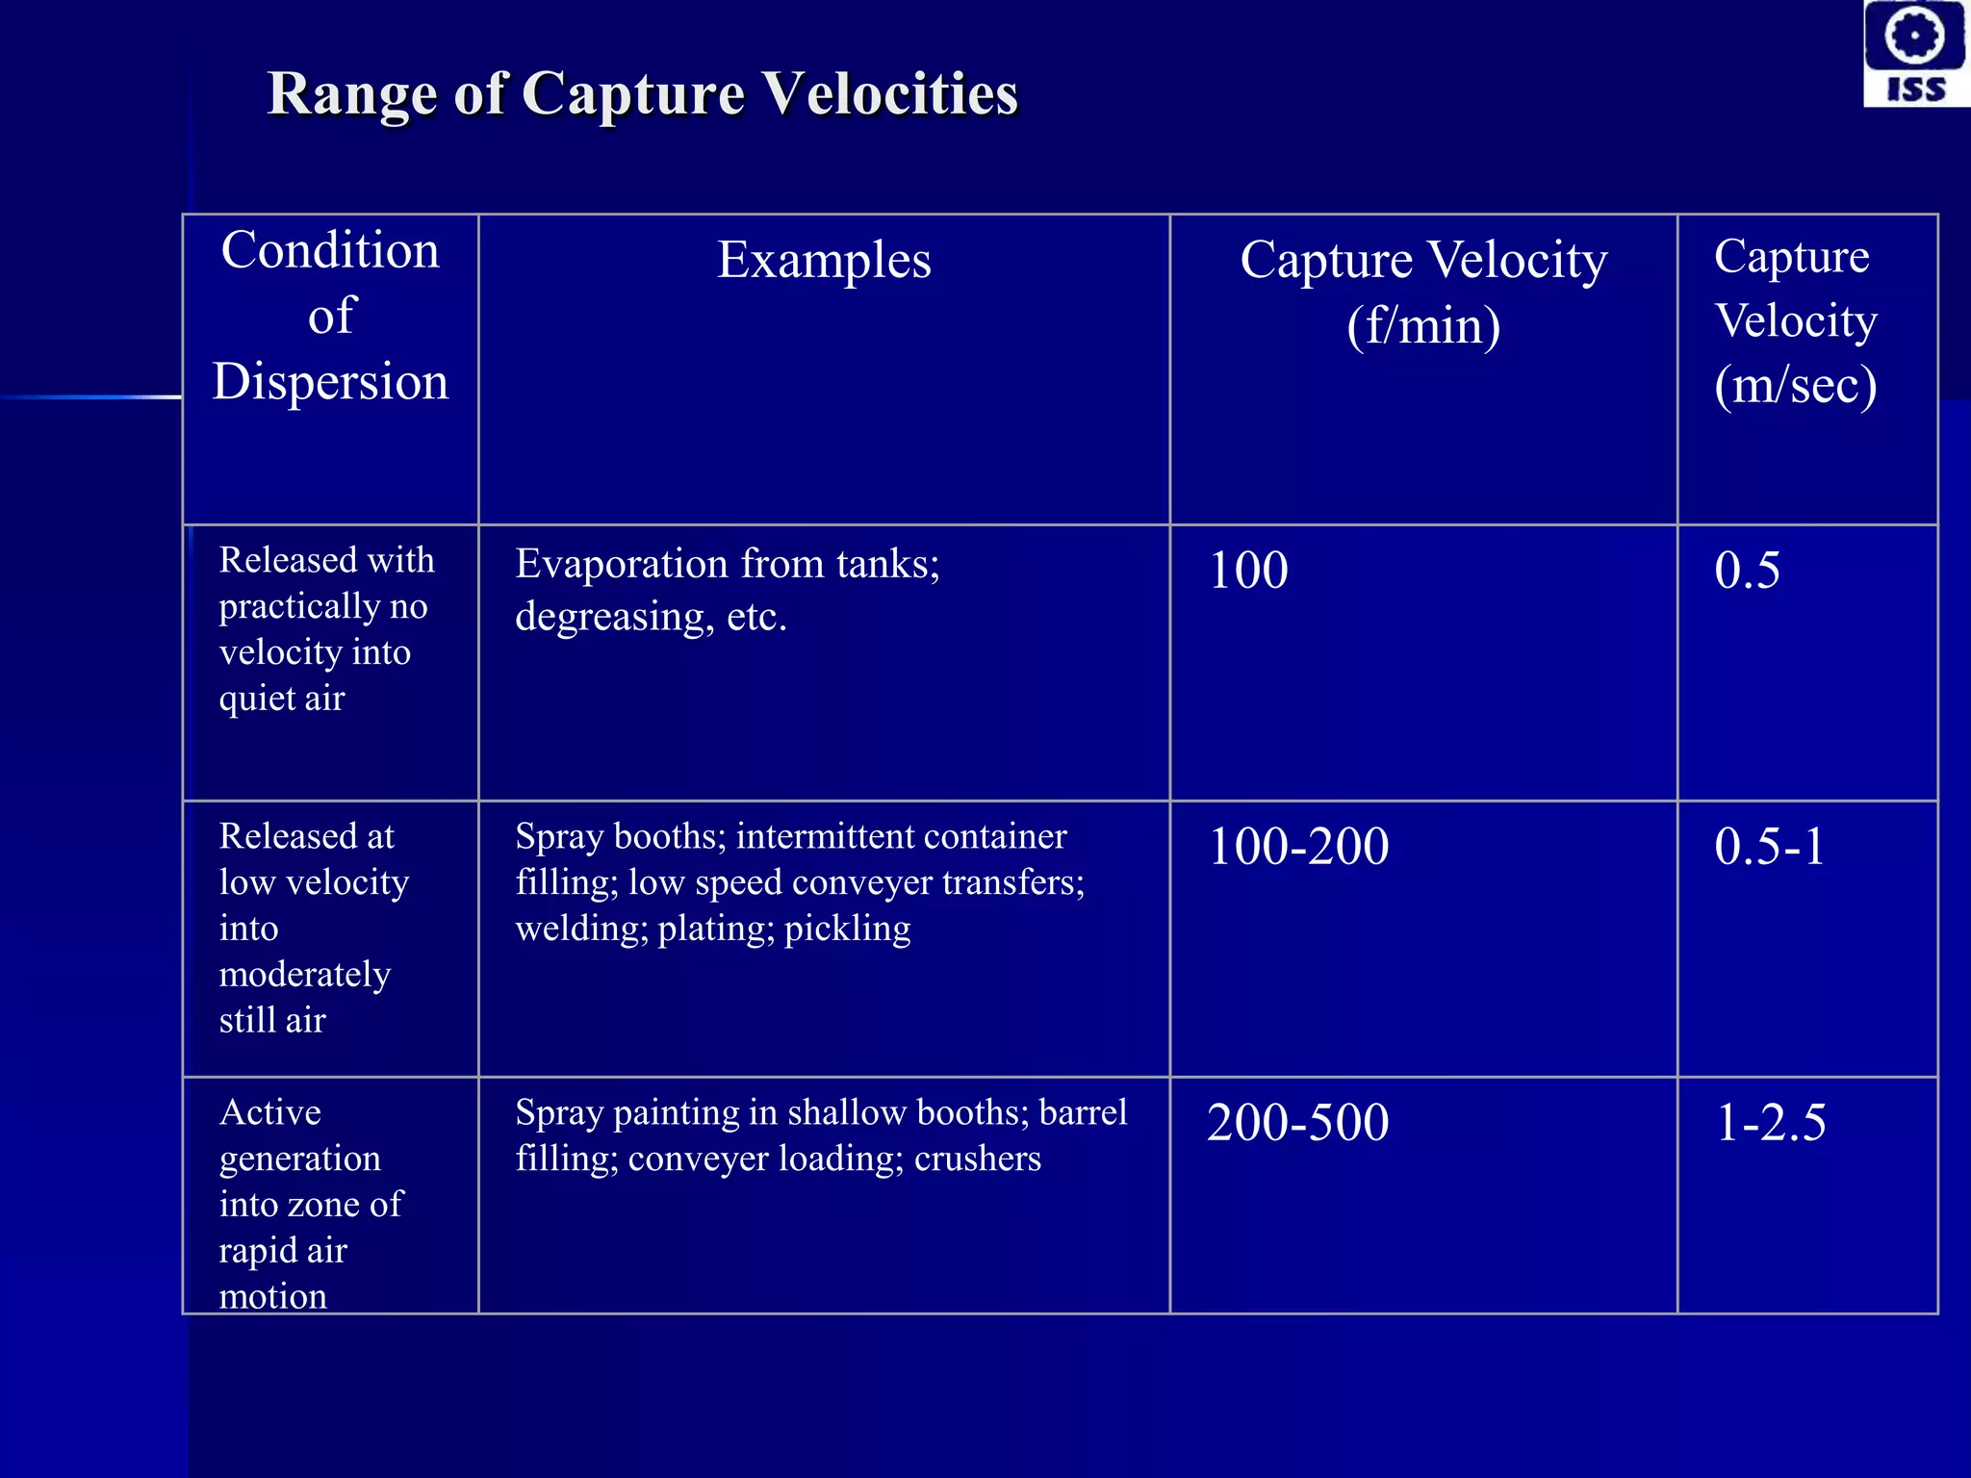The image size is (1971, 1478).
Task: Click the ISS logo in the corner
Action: tap(1915, 53)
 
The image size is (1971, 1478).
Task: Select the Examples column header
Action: tap(824, 260)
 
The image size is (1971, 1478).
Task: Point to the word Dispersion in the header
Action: tap(330, 381)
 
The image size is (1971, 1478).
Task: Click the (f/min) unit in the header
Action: tap(1423, 325)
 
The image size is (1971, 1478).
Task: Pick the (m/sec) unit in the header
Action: tap(1795, 385)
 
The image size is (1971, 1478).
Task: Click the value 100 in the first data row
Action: tap(1248, 570)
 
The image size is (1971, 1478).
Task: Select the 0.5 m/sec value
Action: tap(1747, 570)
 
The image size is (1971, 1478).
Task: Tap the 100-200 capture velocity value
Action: tap(1298, 847)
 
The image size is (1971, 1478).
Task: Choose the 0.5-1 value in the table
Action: tap(1769, 847)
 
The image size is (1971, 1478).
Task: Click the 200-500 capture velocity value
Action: tap(1298, 1122)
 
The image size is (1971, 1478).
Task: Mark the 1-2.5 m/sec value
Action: tap(1771, 1122)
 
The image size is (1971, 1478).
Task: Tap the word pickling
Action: tap(847, 930)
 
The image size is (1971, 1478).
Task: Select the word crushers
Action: tap(977, 1159)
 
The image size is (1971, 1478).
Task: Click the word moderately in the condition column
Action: tap(304, 975)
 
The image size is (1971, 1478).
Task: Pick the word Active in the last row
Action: tap(270, 1112)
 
